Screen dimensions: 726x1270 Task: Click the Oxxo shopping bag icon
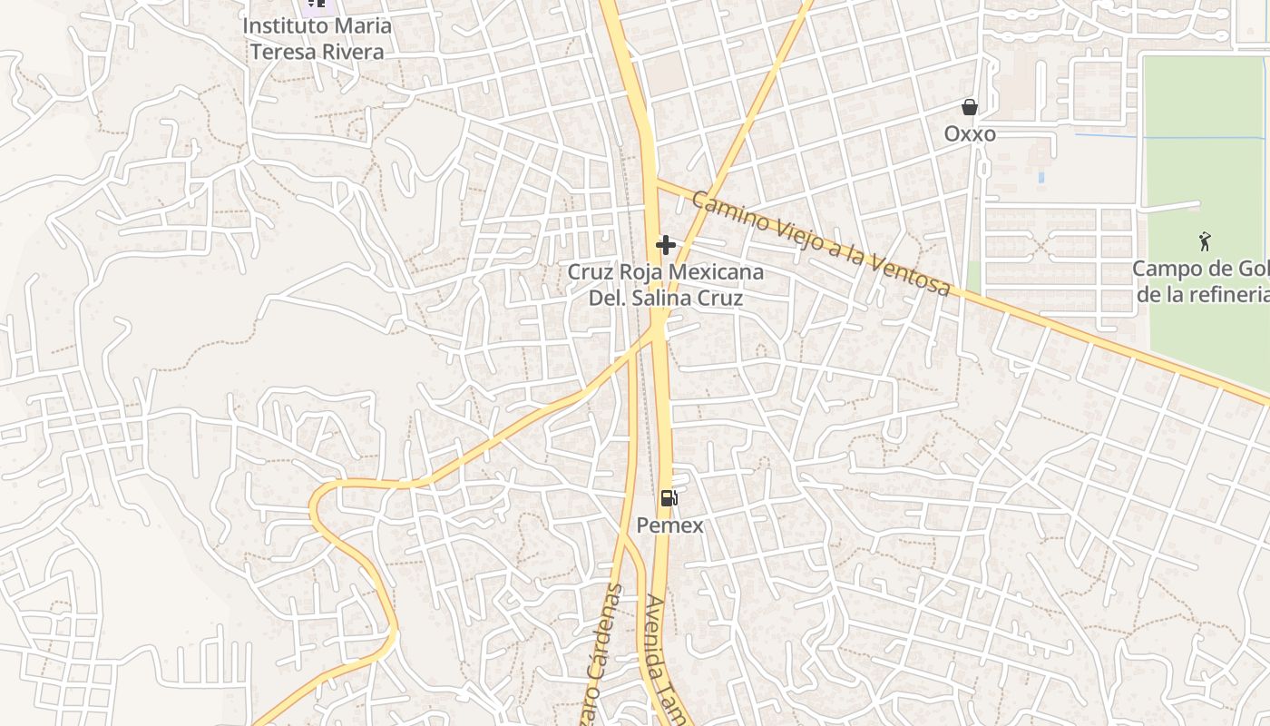pyautogui.click(x=970, y=107)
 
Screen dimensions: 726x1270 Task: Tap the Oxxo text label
pyautogui.click(x=970, y=134)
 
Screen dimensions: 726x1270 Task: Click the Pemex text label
pyautogui.click(x=669, y=525)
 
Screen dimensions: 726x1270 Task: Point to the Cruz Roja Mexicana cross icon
pyautogui.click(x=666, y=244)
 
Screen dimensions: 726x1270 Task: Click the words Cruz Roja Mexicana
pyautogui.click(x=666, y=272)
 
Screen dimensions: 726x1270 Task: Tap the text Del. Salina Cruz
pyautogui.click(x=666, y=298)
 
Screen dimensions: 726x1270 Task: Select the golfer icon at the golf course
pyautogui.click(x=1205, y=241)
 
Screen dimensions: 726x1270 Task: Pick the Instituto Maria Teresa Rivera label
pyautogui.click(x=317, y=38)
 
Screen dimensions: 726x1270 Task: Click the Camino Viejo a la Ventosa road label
pyautogui.click(x=820, y=242)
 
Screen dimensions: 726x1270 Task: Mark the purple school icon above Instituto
pyautogui.click(x=316, y=4)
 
